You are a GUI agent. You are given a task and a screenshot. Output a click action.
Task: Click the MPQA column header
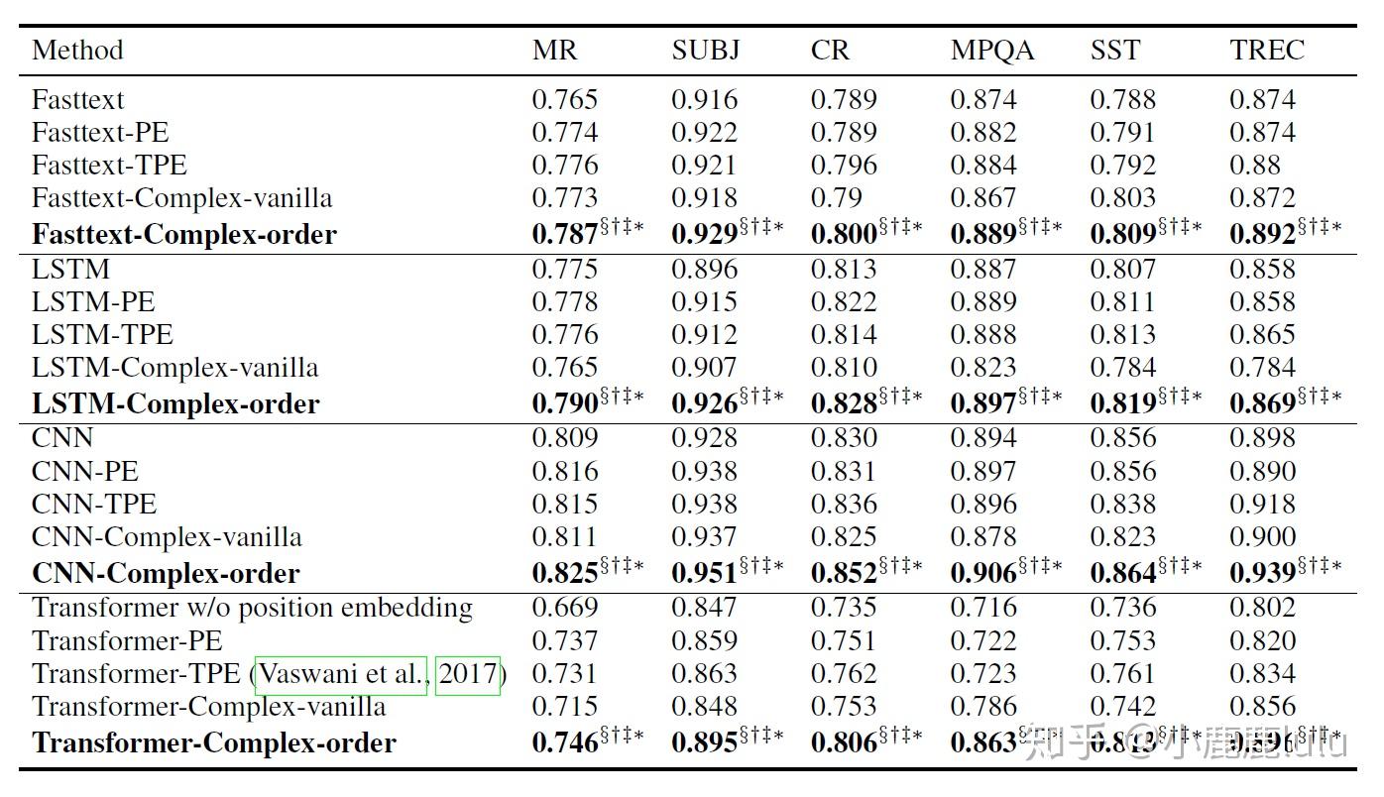[991, 51]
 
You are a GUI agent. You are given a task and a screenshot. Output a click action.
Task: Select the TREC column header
[1267, 51]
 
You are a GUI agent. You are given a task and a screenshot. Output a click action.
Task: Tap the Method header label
[77, 51]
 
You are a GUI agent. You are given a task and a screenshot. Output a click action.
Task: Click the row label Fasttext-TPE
[109, 165]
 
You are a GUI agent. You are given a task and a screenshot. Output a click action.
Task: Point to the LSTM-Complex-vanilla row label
[175, 368]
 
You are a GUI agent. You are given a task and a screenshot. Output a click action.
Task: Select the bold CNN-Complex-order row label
[166, 573]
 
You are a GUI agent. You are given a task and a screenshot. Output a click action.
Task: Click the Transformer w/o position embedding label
[253, 608]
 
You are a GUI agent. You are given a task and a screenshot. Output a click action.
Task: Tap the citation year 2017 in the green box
[468, 674]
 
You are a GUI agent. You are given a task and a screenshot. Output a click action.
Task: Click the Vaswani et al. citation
[342, 674]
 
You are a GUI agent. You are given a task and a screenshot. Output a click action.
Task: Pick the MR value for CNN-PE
[565, 471]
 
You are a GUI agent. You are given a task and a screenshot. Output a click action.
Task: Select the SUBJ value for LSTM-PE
[704, 302]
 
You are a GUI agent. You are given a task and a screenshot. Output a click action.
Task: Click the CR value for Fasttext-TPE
[844, 165]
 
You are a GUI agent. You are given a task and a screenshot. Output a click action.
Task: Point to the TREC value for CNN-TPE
[1262, 504]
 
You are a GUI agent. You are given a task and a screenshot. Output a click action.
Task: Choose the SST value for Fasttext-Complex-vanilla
[1122, 197]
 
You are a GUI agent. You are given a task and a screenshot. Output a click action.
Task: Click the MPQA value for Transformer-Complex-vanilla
[983, 707]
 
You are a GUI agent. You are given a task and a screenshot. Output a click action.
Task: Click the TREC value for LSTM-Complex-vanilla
[1262, 368]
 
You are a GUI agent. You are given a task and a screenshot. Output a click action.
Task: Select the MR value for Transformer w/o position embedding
[565, 608]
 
